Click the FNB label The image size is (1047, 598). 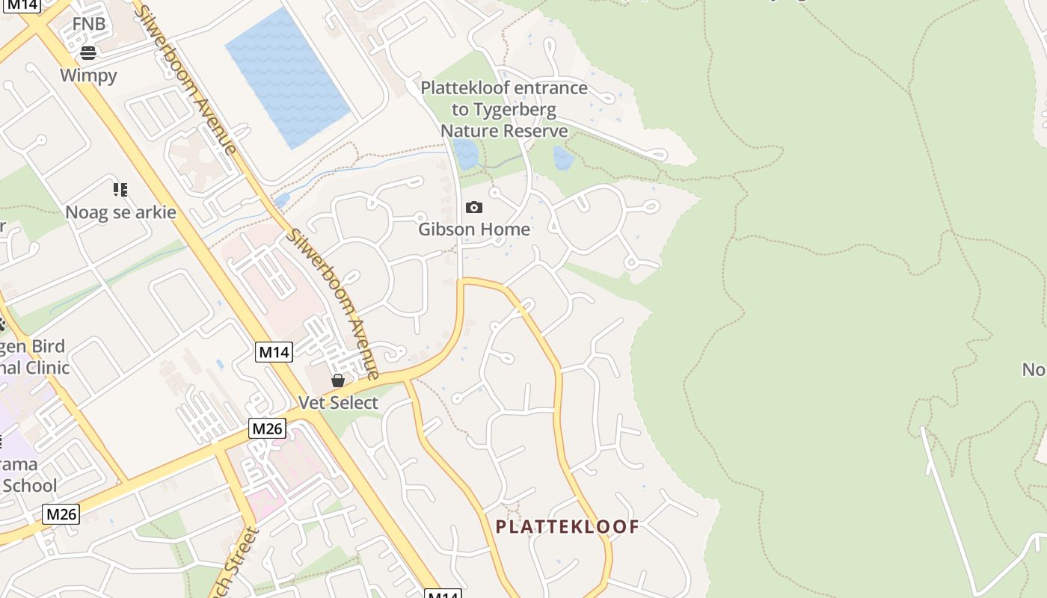[x=88, y=24]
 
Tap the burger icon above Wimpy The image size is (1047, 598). [x=88, y=52]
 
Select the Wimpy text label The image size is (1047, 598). [x=88, y=75]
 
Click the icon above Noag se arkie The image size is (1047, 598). [x=120, y=190]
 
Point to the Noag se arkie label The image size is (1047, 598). [x=120, y=212]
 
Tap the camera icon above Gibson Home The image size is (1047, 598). [x=473, y=207]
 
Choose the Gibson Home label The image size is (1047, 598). [x=473, y=229]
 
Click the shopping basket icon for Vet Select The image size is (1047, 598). [x=338, y=380]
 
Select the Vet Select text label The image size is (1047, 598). [x=338, y=403]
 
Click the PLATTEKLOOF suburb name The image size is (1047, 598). [x=568, y=527]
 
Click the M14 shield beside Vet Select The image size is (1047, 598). [x=274, y=352]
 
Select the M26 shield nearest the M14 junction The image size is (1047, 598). [x=267, y=428]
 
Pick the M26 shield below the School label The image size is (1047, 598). [x=61, y=514]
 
